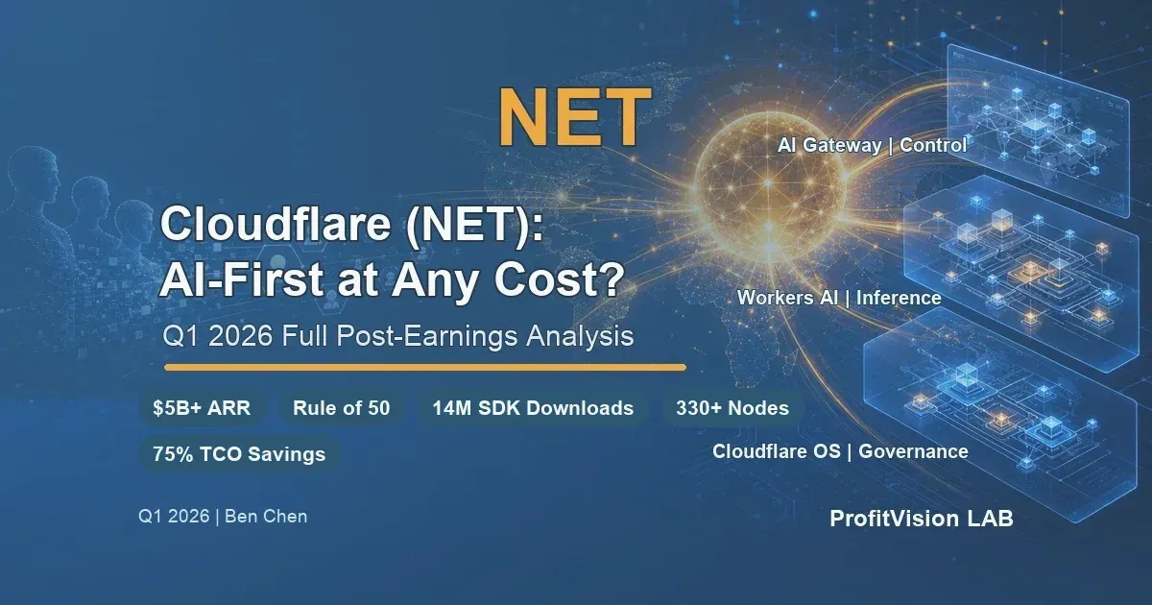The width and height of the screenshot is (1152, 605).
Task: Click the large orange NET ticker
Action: tap(575, 117)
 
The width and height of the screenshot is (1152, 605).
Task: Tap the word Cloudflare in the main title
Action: tap(276, 225)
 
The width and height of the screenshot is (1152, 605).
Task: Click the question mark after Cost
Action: tap(611, 278)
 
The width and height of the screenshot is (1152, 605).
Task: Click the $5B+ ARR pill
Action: tap(202, 408)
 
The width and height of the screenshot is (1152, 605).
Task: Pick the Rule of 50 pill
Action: tap(342, 408)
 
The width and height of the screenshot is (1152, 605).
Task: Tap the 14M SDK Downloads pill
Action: tap(533, 408)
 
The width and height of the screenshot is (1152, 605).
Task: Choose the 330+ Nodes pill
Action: tap(732, 408)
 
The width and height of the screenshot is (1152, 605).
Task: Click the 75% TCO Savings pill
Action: tap(239, 453)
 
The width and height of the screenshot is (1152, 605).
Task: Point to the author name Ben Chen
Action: tap(266, 516)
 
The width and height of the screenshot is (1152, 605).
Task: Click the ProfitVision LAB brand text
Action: tap(921, 519)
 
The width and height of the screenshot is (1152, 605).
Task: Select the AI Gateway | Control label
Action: tap(873, 145)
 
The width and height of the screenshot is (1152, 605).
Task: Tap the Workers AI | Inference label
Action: tap(839, 298)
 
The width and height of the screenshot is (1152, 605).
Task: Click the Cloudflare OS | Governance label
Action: tap(840, 451)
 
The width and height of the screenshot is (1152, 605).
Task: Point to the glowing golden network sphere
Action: tap(769, 181)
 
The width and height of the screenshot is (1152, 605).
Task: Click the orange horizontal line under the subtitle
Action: tap(425, 367)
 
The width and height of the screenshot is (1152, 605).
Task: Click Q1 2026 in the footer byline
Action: tap(174, 516)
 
